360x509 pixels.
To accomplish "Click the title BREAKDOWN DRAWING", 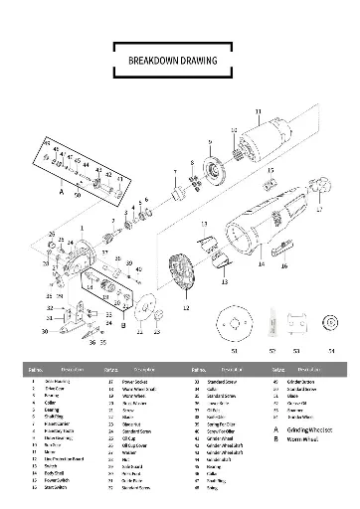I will [180, 60].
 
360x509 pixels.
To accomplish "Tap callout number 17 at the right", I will [320, 211].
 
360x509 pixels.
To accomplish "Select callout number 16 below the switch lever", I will [283, 266].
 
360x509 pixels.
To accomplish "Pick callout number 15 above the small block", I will [270, 170].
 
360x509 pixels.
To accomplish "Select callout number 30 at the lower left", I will [45, 330].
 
